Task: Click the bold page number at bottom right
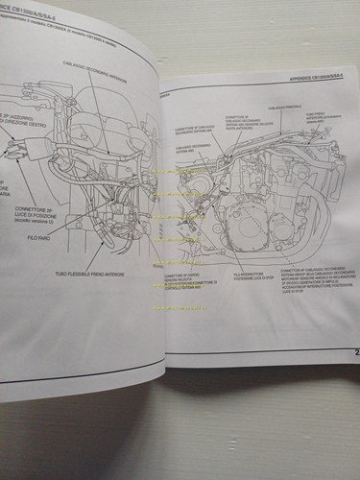353,355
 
